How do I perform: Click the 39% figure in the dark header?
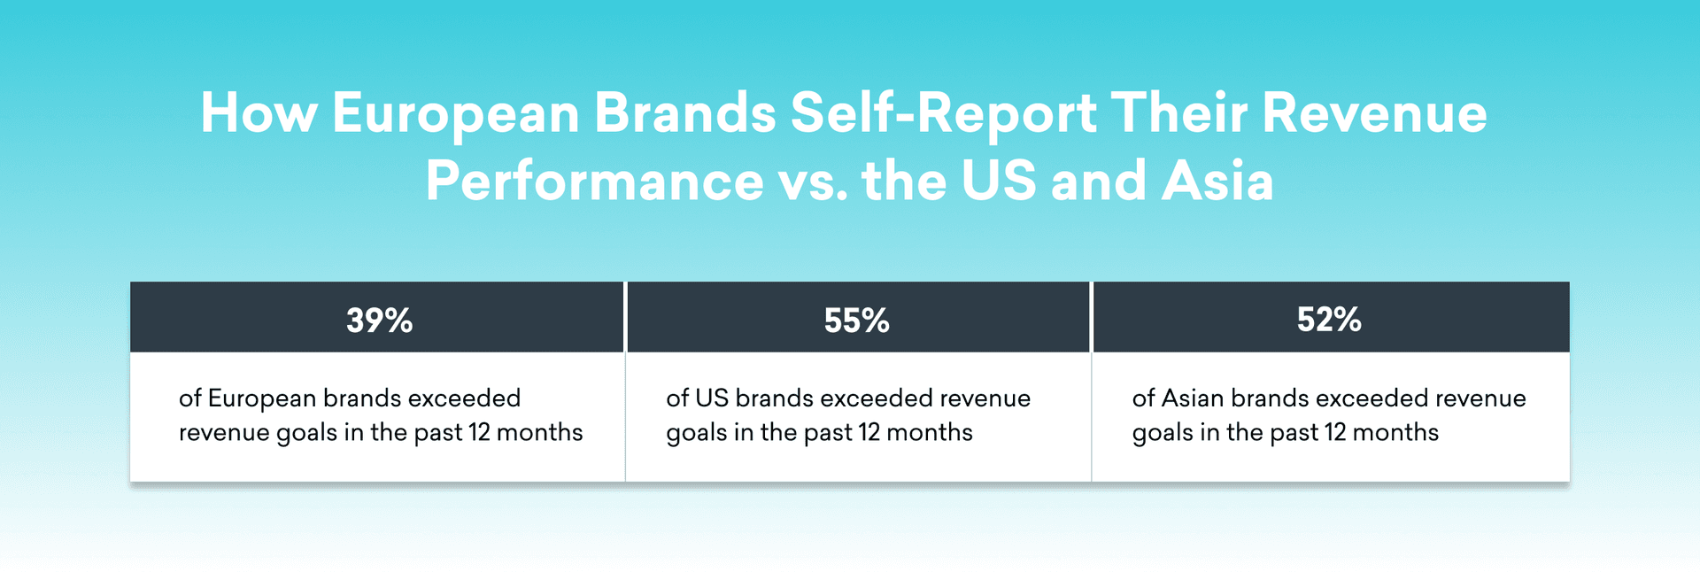point(379,320)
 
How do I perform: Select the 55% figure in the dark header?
point(856,320)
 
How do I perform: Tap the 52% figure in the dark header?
point(1329,319)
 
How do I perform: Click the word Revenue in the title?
point(1374,113)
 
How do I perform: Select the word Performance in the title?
point(594,182)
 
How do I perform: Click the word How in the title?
point(259,113)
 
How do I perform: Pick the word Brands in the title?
point(685,113)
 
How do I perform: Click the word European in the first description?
point(261,398)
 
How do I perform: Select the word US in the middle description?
point(711,398)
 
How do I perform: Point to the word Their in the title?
point(1179,113)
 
